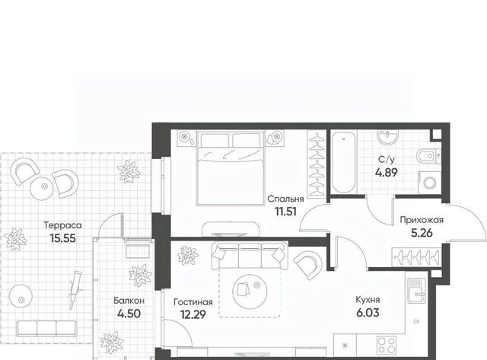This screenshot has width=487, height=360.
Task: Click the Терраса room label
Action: coord(62,225)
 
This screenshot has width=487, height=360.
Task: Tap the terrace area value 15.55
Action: coord(62,238)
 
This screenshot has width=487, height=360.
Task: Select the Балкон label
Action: coord(129,301)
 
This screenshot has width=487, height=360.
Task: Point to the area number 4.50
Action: coord(129,314)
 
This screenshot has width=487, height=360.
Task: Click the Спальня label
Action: coord(285,199)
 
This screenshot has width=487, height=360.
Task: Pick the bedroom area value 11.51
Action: coord(285,212)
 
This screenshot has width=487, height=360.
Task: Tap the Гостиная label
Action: coord(193,302)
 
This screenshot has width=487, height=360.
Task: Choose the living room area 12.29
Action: coord(193,314)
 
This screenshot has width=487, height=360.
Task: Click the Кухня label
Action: coord(368,300)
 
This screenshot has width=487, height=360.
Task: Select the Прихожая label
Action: coord(422,220)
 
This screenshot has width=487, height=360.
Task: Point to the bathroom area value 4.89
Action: coord(387,172)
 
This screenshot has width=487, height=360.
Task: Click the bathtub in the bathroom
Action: coord(343,162)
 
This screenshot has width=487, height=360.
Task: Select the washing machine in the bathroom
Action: coord(429,183)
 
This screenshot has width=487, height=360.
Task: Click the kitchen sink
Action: coord(415,291)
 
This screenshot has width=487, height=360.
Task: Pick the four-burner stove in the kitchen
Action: coord(387,346)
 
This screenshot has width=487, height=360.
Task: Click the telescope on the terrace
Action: coord(75,289)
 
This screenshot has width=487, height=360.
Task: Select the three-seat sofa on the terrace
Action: coord(46,328)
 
